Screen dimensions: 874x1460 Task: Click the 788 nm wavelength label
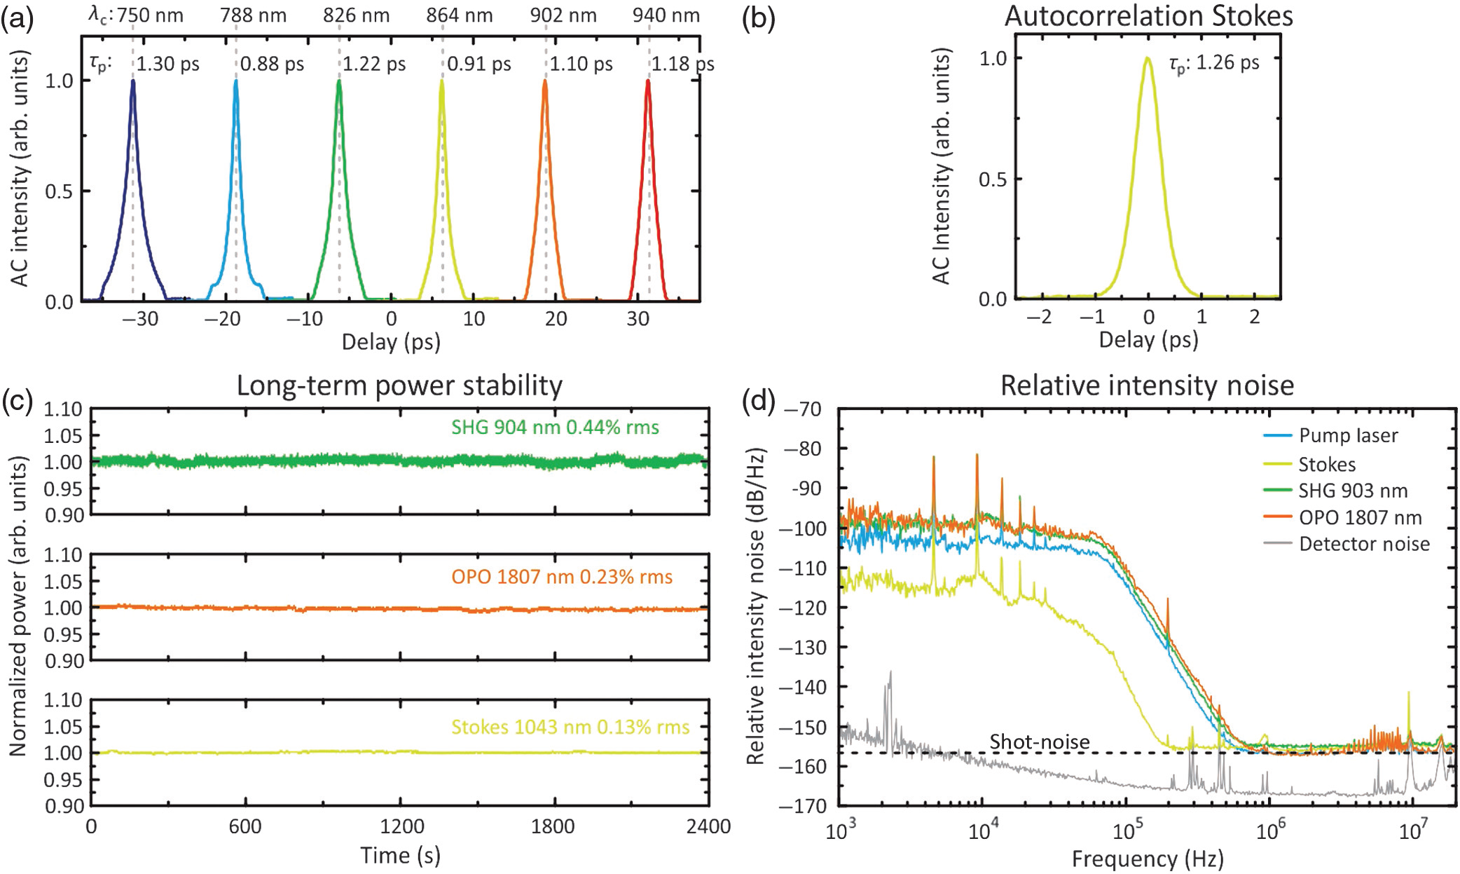pos(253,15)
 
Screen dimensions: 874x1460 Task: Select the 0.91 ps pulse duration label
pos(479,64)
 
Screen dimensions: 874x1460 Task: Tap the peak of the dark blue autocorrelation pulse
pos(132,81)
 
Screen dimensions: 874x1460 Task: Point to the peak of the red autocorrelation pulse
pos(648,81)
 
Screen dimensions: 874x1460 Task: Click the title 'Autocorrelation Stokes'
pos(1148,16)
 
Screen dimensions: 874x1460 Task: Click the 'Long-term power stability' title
pos(399,386)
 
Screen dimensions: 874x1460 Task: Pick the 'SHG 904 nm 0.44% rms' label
pos(555,428)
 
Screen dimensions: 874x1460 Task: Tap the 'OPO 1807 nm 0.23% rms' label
pos(562,577)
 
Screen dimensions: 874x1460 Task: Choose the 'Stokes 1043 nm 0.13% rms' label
pos(570,728)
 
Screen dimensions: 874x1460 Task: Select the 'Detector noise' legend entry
pos(1364,544)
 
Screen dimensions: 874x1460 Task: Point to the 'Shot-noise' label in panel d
pos(1039,742)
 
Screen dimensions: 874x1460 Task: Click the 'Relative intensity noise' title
pos(1147,386)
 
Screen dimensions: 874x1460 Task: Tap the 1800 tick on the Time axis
pos(553,826)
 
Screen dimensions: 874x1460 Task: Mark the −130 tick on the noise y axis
pos(805,648)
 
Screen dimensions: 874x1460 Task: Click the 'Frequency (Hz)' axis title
pos(1147,859)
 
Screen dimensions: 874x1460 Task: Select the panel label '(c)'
pos(17,400)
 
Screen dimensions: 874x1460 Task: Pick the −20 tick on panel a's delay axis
pos(222,320)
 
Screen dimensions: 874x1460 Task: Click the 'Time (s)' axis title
pos(400,856)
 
